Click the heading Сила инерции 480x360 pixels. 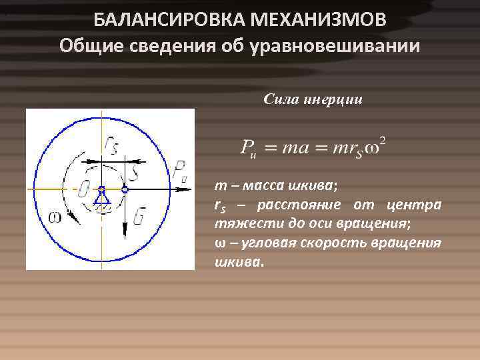313,100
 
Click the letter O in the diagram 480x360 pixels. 84,189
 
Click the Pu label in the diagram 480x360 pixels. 179,171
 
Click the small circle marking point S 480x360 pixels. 124,189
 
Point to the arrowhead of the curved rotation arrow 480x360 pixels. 75,223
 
